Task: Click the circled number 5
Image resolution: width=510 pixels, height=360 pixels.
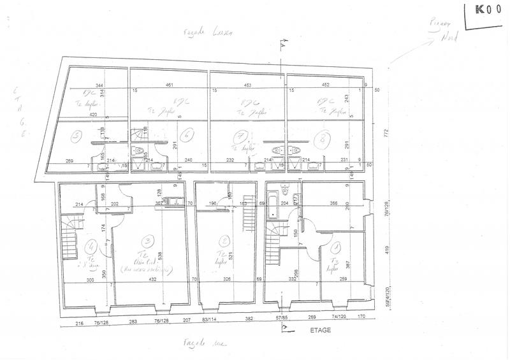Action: (x=76, y=135)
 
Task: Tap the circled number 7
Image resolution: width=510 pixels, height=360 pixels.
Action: (x=240, y=135)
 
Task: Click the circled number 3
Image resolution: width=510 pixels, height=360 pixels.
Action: (x=148, y=240)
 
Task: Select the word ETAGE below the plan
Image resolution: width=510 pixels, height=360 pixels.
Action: (x=320, y=331)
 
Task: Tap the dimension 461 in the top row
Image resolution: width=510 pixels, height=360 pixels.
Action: (x=169, y=85)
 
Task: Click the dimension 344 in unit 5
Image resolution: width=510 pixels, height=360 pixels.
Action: (x=99, y=85)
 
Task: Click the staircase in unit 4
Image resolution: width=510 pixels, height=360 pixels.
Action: (x=69, y=239)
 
